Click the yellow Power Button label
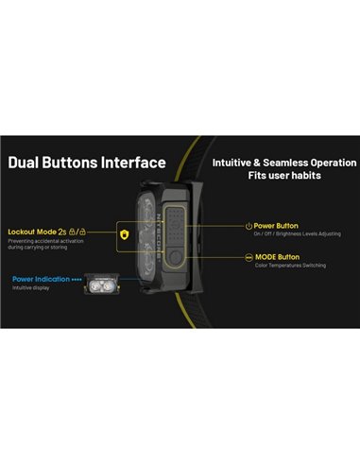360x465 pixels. (x=276, y=226)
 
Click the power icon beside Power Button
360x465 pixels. (x=248, y=226)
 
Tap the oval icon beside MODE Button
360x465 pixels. (x=248, y=257)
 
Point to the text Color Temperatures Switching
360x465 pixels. (x=289, y=267)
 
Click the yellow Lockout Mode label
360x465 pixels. (x=30, y=231)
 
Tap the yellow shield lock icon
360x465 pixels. (x=123, y=232)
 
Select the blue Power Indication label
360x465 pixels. (x=43, y=279)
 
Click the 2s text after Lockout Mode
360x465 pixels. (x=61, y=231)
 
